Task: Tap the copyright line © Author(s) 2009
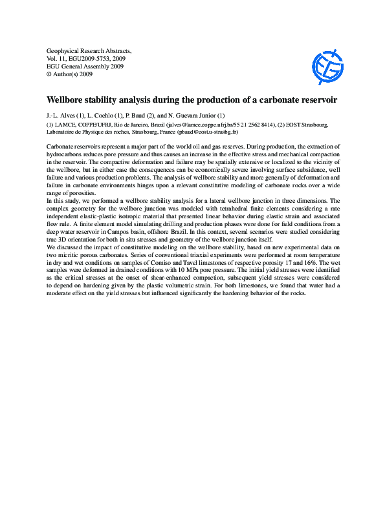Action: point(70,74)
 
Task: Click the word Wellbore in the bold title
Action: point(67,101)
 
